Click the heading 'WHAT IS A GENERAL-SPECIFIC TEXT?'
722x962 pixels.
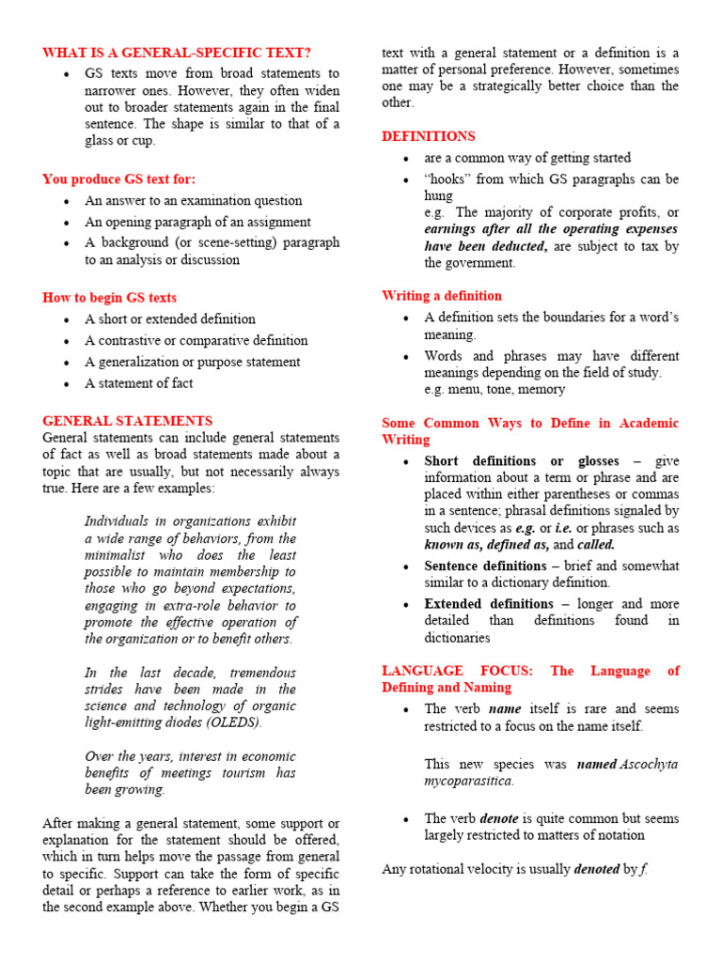tap(177, 53)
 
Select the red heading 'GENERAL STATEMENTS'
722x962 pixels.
tap(128, 421)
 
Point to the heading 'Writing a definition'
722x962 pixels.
tap(442, 295)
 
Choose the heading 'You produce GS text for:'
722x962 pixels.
tap(119, 178)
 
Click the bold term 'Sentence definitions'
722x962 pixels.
tap(485, 566)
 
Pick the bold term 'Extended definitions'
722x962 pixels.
tap(489, 603)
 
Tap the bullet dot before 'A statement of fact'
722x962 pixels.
tap(66, 384)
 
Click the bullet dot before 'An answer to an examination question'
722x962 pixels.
tap(66, 201)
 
